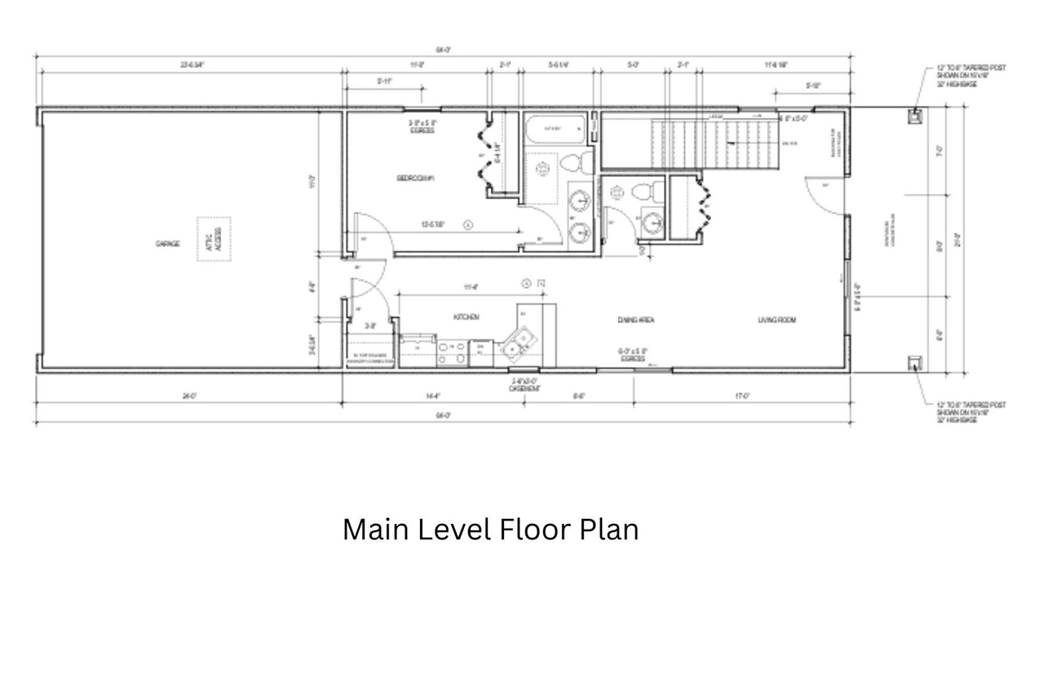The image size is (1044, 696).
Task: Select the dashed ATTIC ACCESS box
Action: click(x=214, y=239)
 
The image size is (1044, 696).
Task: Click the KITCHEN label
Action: click(x=466, y=317)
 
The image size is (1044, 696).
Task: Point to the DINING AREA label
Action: click(x=635, y=320)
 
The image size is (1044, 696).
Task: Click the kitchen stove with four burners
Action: click(x=452, y=352)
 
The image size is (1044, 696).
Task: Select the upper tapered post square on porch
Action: click(x=915, y=116)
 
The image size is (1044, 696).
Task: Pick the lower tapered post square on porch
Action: click(x=915, y=363)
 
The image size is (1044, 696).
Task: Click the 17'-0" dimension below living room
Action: click(x=741, y=396)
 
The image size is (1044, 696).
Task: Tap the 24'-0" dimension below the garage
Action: click(x=188, y=396)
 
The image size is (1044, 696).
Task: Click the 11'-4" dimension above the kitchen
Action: click(x=470, y=286)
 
